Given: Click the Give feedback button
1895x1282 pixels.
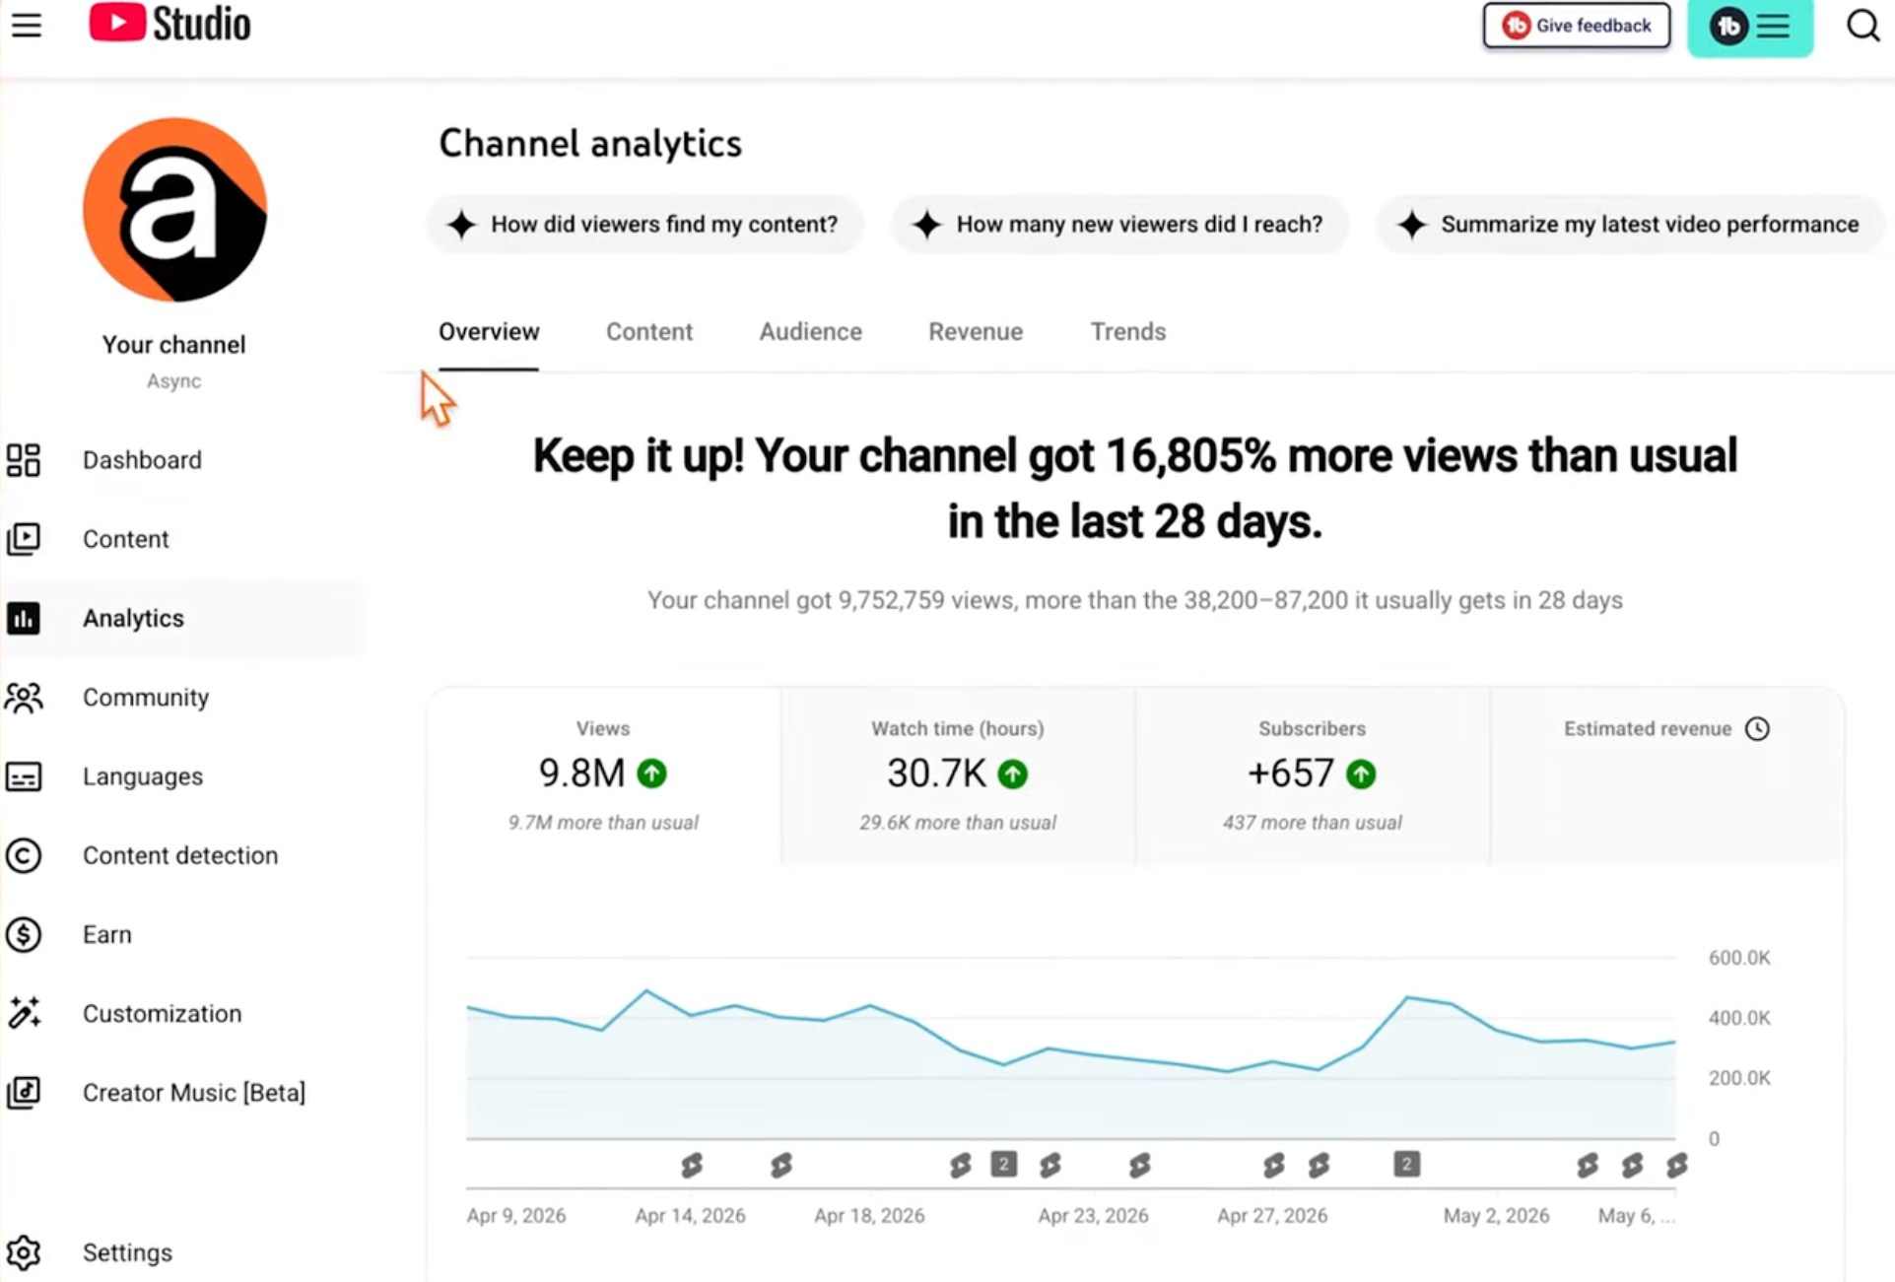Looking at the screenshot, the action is point(1576,26).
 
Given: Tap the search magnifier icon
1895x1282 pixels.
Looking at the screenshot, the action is point(1862,25).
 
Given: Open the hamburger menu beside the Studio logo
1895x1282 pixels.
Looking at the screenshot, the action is point(27,25).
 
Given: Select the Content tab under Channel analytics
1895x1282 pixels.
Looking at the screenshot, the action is point(649,331).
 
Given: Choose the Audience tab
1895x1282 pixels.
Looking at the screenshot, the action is point(810,331).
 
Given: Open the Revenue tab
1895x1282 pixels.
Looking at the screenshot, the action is point(976,331).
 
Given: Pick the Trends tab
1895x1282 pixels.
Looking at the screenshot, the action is point(1127,331).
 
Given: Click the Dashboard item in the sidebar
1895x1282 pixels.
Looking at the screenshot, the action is point(142,460).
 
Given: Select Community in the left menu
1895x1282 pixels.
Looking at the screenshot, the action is point(146,698).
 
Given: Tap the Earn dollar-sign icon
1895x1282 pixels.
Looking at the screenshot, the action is point(24,934).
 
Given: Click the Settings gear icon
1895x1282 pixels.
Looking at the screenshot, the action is point(24,1252).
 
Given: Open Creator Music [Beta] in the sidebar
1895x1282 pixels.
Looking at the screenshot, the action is point(194,1093).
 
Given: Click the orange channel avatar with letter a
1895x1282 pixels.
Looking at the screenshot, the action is point(174,210).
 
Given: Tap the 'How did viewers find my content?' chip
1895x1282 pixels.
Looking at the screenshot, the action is point(645,225).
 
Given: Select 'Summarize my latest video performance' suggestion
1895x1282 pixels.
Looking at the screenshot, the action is point(1630,225).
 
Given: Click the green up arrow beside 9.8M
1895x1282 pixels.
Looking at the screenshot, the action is point(651,774).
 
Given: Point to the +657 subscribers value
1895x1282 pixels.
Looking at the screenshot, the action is point(1291,774).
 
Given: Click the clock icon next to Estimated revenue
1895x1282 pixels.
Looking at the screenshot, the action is point(1757,728).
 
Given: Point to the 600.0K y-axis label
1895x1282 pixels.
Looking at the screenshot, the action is point(1739,958).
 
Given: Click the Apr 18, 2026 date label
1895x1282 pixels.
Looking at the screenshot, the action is point(869,1216).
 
